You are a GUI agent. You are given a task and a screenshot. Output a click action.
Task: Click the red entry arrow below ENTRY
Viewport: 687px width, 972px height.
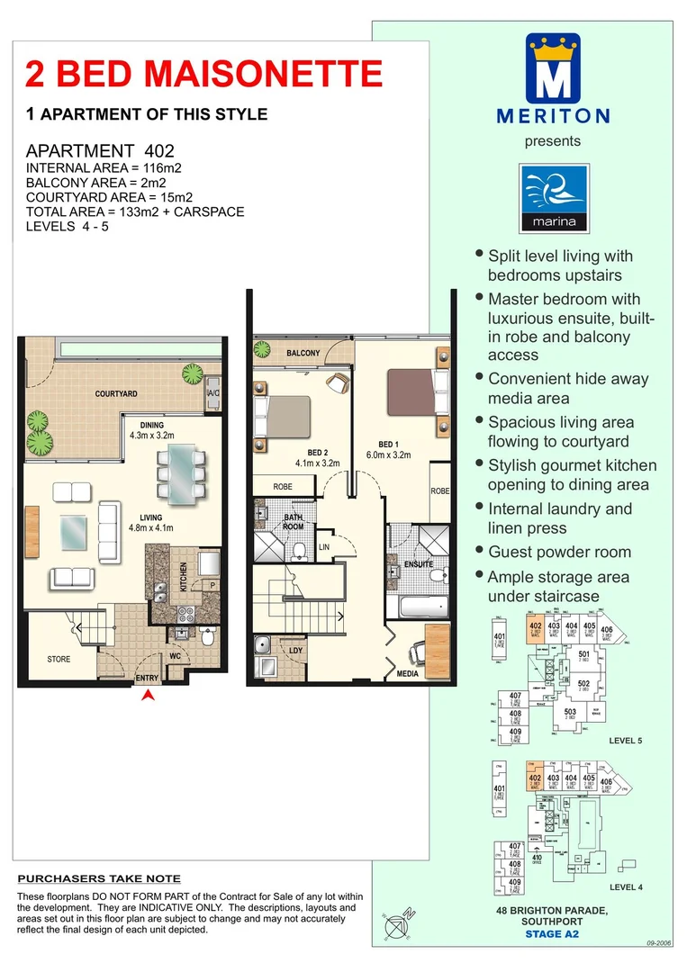click(149, 694)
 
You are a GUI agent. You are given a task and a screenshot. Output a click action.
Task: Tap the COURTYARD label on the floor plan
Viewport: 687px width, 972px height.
click(116, 394)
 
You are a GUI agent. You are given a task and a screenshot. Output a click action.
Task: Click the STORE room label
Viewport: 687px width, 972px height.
click(59, 660)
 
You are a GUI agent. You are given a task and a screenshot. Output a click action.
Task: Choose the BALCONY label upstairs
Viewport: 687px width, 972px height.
click(303, 354)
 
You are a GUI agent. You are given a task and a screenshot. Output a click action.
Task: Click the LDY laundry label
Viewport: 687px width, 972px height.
click(295, 650)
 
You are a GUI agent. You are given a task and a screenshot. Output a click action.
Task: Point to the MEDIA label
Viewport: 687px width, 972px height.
click(407, 673)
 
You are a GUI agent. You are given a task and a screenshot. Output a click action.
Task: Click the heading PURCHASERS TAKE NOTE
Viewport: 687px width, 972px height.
click(99, 878)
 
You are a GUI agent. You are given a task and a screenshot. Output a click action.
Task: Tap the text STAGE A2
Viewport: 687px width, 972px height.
click(552, 934)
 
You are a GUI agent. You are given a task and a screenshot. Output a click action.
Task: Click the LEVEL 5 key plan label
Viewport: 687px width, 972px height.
click(628, 741)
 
